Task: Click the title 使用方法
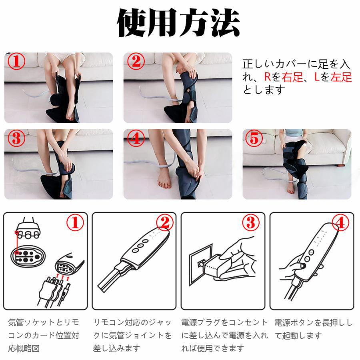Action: tap(178, 22)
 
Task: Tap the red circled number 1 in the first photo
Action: tap(16, 61)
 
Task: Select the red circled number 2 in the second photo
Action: tap(136, 61)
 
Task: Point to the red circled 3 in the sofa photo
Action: tap(16, 138)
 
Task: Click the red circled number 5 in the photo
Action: tap(254, 138)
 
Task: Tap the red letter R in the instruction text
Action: tap(268, 77)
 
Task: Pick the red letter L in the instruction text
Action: tap(317, 77)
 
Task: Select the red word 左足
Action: tap(341, 77)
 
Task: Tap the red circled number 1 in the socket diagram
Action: tap(75, 222)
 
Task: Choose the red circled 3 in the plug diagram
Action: tap(251, 222)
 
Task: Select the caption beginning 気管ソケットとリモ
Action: tap(44, 336)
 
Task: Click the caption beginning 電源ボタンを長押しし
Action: tap(313, 329)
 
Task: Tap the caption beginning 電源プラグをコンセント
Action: tap(224, 336)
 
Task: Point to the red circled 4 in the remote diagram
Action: tap(340, 222)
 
